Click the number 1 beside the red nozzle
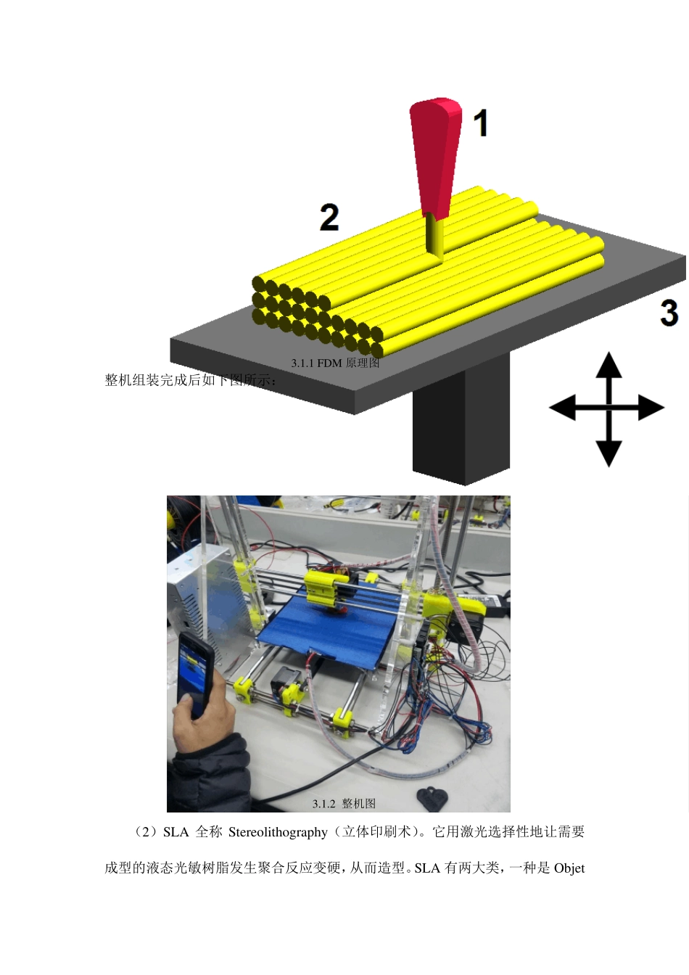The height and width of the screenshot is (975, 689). [480, 123]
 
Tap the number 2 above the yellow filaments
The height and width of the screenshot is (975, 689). [329, 217]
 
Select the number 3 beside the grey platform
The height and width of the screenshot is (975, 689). [669, 313]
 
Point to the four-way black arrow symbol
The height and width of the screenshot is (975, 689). [608, 408]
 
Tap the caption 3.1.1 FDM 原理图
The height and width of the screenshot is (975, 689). [335, 363]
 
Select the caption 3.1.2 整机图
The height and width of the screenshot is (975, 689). [344, 804]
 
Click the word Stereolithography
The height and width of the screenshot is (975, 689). [278, 832]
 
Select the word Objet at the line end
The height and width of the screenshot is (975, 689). [569, 868]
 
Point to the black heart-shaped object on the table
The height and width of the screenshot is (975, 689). [432, 797]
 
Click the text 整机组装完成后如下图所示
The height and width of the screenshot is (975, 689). [191, 380]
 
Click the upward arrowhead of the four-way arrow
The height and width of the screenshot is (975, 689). [608, 363]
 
